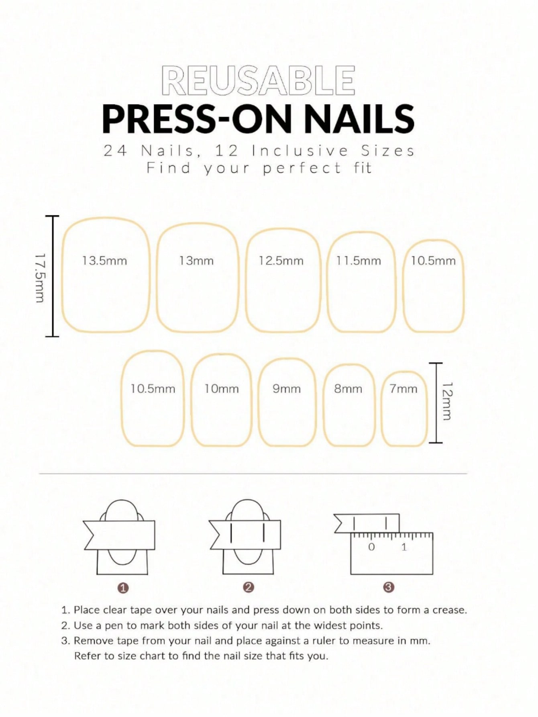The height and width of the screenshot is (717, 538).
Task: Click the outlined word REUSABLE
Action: tap(259, 81)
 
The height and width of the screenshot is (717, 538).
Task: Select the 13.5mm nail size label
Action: tap(104, 261)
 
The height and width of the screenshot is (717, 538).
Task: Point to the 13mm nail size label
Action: tap(196, 261)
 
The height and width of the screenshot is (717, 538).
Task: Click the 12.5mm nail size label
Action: tap(281, 261)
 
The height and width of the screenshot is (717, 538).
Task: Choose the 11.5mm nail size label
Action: tap(359, 261)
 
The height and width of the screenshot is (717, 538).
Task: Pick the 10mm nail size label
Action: tap(221, 389)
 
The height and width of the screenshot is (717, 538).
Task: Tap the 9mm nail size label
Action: tap(286, 389)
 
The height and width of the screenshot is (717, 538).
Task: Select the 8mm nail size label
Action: tap(348, 389)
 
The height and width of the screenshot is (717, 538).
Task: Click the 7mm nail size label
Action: tap(403, 389)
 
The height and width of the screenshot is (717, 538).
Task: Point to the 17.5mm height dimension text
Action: tap(40, 277)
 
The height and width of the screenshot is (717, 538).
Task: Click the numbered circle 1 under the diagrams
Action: tap(124, 588)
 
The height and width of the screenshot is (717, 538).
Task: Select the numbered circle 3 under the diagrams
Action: tap(389, 587)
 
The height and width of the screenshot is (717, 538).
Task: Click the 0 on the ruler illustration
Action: tap(371, 547)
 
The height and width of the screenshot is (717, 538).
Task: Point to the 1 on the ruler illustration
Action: tap(404, 547)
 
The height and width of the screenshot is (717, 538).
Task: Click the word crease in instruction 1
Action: tap(450, 610)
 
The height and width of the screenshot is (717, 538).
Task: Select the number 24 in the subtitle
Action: tap(116, 151)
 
